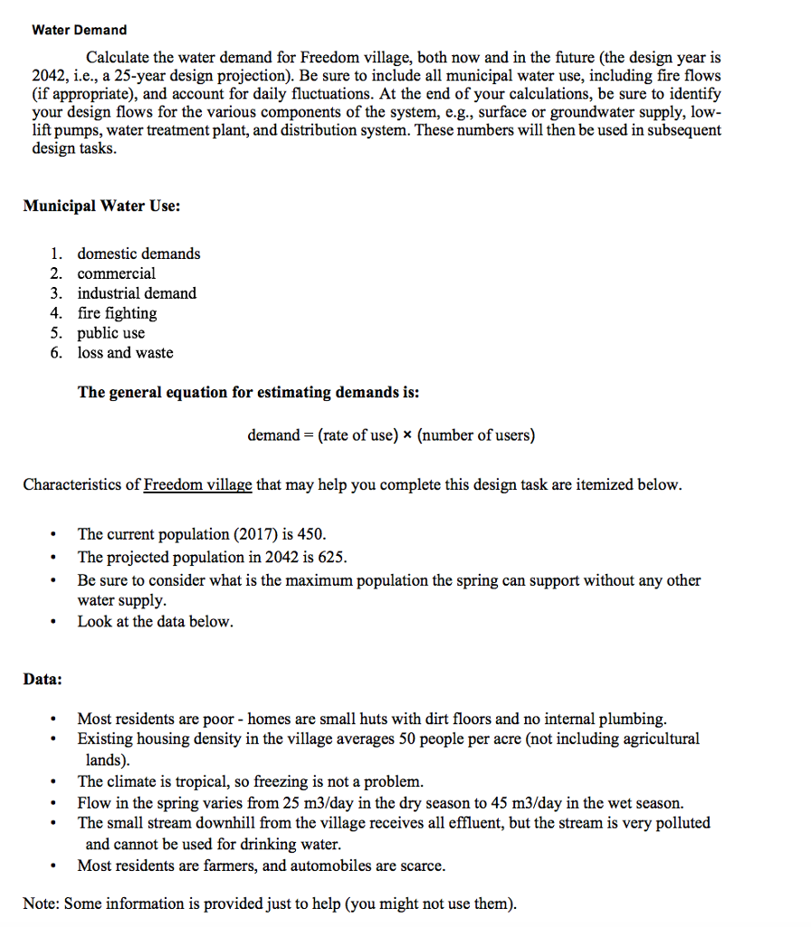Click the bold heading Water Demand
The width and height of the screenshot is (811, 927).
(x=79, y=30)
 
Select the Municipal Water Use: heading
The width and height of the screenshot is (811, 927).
(x=101, y=206)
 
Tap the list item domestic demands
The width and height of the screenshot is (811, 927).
(x=138, y=253)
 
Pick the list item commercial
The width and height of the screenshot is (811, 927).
(x=116, y=273)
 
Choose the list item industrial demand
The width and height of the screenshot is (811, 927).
(x=137, y=293)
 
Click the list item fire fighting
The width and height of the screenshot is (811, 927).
(x=117, y=313)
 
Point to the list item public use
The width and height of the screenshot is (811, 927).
(x=110, y=333)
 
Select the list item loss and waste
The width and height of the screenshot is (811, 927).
(x=125, y=353)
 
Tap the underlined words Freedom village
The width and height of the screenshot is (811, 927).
(x=197, y=485)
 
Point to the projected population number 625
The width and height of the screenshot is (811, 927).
(x=331, y=558)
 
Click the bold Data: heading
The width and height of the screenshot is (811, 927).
(x=43, y=679)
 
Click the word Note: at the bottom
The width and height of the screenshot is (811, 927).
(x=41, y=904)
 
